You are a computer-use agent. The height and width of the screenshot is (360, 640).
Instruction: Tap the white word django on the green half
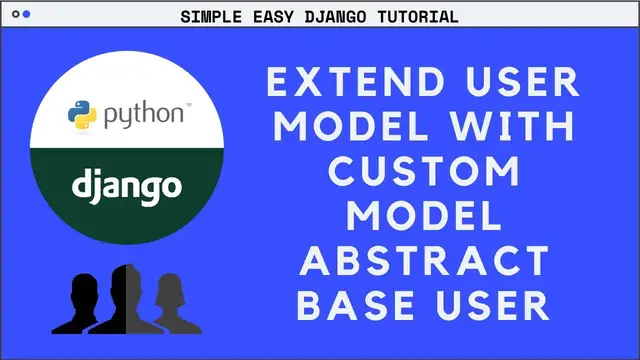(x=126, y=185)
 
